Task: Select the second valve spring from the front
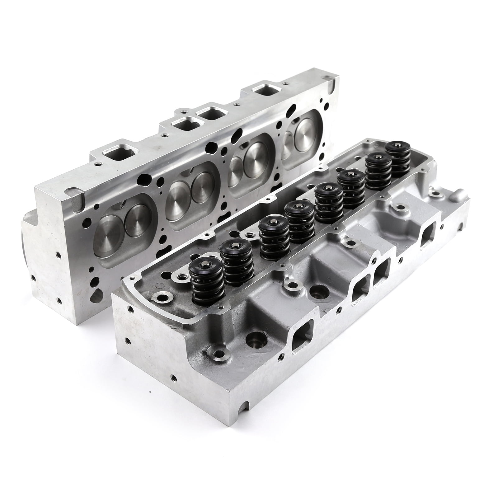(x=237, y=263)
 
